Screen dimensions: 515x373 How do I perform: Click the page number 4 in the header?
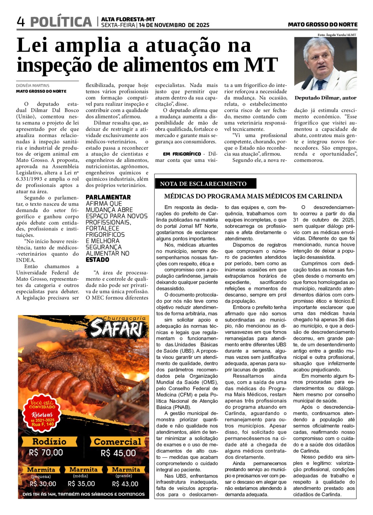pyautogui.click(x=21, y=22)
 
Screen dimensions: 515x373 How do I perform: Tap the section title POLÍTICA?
pyautogui.click(x=61, y=22)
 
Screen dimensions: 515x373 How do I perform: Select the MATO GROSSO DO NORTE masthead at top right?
pyautogui.click(x=322, y=24)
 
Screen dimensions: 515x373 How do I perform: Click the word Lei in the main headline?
pyautogui.click(x=35, y=45)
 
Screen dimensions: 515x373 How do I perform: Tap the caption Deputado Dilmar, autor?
pyautogui.click(x=325, y=98)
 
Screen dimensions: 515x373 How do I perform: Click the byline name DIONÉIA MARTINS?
pyautogui.click(x=33, y=85)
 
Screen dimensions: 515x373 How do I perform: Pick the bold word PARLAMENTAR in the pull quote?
pyautogui.click(x=108, y=197)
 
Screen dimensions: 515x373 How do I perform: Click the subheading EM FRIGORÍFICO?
pyautogui.click(x=182, y=154)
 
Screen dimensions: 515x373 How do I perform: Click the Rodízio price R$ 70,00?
pyautogui.click(x=46, y=453)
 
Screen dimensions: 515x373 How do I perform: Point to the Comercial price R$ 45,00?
pyautogui.click(x=118, y=453)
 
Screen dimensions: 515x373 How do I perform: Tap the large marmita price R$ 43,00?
pyautogui.click(x=125, y=484)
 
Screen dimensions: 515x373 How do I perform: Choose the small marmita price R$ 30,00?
pyautogui.click(x=43, y=484)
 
